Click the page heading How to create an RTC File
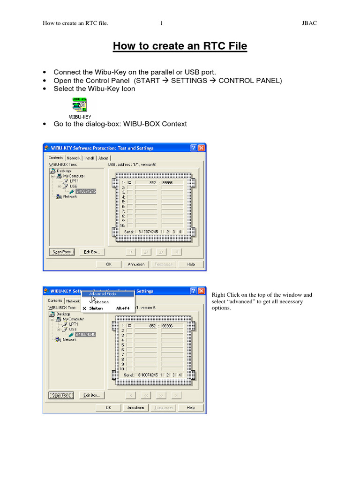click(x=180, y=46)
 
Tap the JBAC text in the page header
click(x=308, y=23)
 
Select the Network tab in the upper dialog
click(x=74, y=158)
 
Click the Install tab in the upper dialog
click(x=90, y=158)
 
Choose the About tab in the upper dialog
click(x=103, y=158)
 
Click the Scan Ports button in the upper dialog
click(x=61, y=252)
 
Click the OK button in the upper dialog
click(x=109, y=264)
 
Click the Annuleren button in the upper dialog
click(x=136, y=264)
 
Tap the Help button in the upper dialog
click(x=191, y=264)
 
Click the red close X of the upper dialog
click(x=202, y=148)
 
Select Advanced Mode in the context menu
click(x=103, y=294)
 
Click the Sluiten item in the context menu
click(x=96, y=308)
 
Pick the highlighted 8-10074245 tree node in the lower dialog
click(x=85, y=334)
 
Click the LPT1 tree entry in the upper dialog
click(x=74, y=180)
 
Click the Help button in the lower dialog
click(x=191, y=408)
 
